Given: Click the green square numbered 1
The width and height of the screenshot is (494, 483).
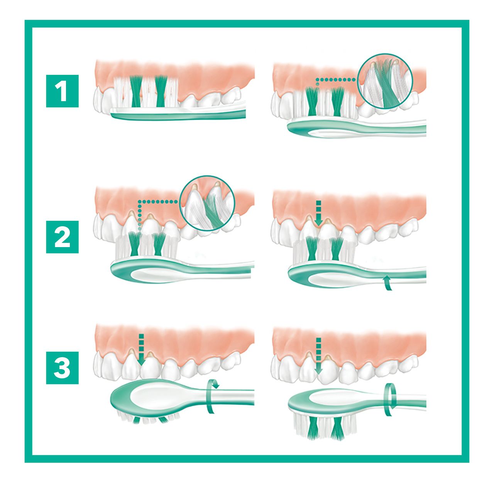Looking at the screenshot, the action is coord(62,91).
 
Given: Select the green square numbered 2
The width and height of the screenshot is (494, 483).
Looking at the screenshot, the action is coord(62,237).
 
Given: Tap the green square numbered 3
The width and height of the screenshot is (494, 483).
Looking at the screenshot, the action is coord(62,368).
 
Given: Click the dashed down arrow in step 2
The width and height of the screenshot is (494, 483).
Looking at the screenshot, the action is coord(319,213).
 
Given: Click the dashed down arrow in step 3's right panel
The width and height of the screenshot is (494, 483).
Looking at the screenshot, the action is coord(318,356).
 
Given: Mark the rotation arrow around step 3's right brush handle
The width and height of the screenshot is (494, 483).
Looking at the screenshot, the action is coord(389,400).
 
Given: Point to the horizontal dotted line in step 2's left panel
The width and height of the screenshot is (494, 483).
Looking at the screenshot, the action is coord(158,202).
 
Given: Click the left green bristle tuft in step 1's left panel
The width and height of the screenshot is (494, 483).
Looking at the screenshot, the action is coord(136,92).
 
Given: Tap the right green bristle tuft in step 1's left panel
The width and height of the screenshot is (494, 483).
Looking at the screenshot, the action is coord(161,91).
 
